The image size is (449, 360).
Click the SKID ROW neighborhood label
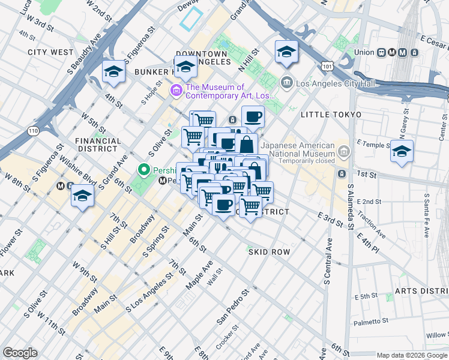269,252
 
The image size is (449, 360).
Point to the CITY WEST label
50,52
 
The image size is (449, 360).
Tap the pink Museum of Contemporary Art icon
176,91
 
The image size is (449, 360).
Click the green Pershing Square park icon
144,170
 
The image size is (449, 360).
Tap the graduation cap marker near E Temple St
402,151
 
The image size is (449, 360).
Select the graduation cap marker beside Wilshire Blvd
82,196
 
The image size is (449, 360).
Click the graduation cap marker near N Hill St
286,52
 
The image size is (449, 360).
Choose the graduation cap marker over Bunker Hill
185,67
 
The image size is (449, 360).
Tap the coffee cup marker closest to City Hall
253,116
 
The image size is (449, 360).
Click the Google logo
20,353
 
